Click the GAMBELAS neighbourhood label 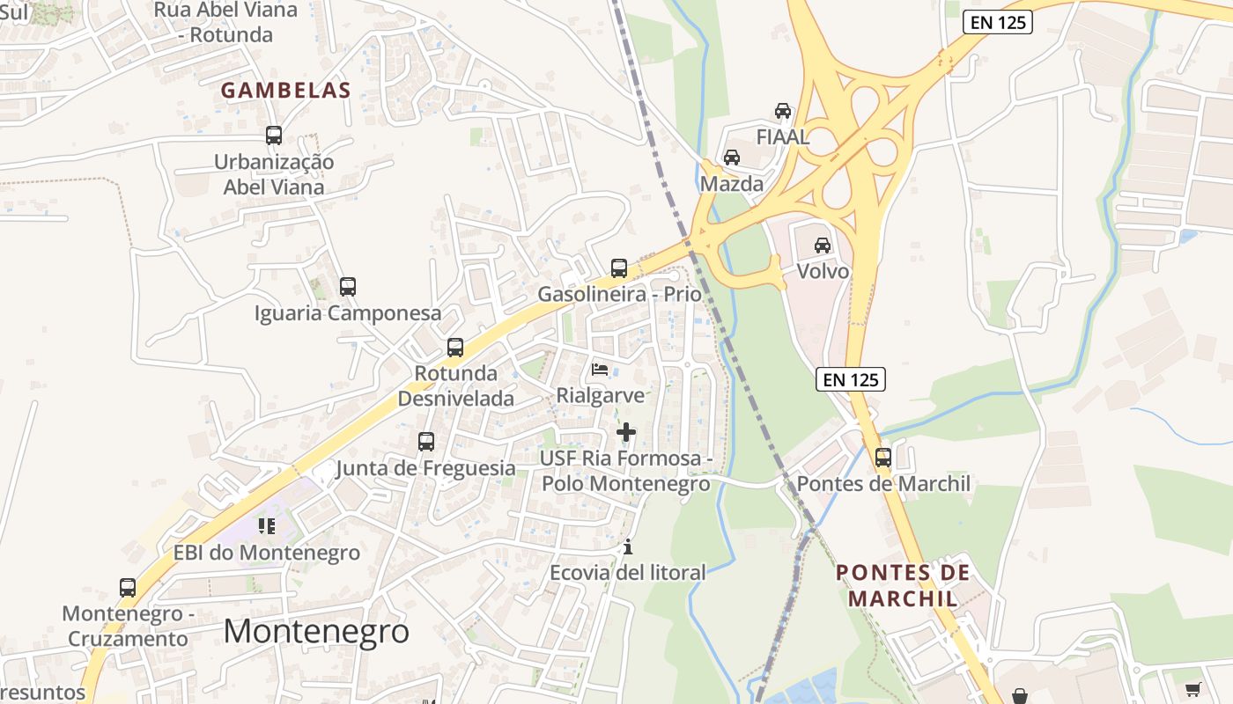(285, 90)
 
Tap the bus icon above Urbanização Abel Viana (274, 136)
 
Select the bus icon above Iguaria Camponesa (348, 286)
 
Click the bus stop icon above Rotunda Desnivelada (455, 347)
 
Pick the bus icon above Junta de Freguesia (426, 441)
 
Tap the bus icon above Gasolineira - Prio (619, 268)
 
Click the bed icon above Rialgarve (600, 370)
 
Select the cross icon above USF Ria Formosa (626, 432)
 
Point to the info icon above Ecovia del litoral (628, 546)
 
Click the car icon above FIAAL (782, 111)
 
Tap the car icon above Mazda (731, 158)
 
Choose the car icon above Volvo (823, 245)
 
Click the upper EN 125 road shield (997, 23)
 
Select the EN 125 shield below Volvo (850, 379)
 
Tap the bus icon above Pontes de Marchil (883, 458)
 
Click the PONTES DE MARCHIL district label (903, 585)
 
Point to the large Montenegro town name (316, 631)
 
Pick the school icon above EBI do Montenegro (267, 526)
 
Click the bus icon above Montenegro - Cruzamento (128, 587)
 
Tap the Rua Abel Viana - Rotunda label (225, 23)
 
